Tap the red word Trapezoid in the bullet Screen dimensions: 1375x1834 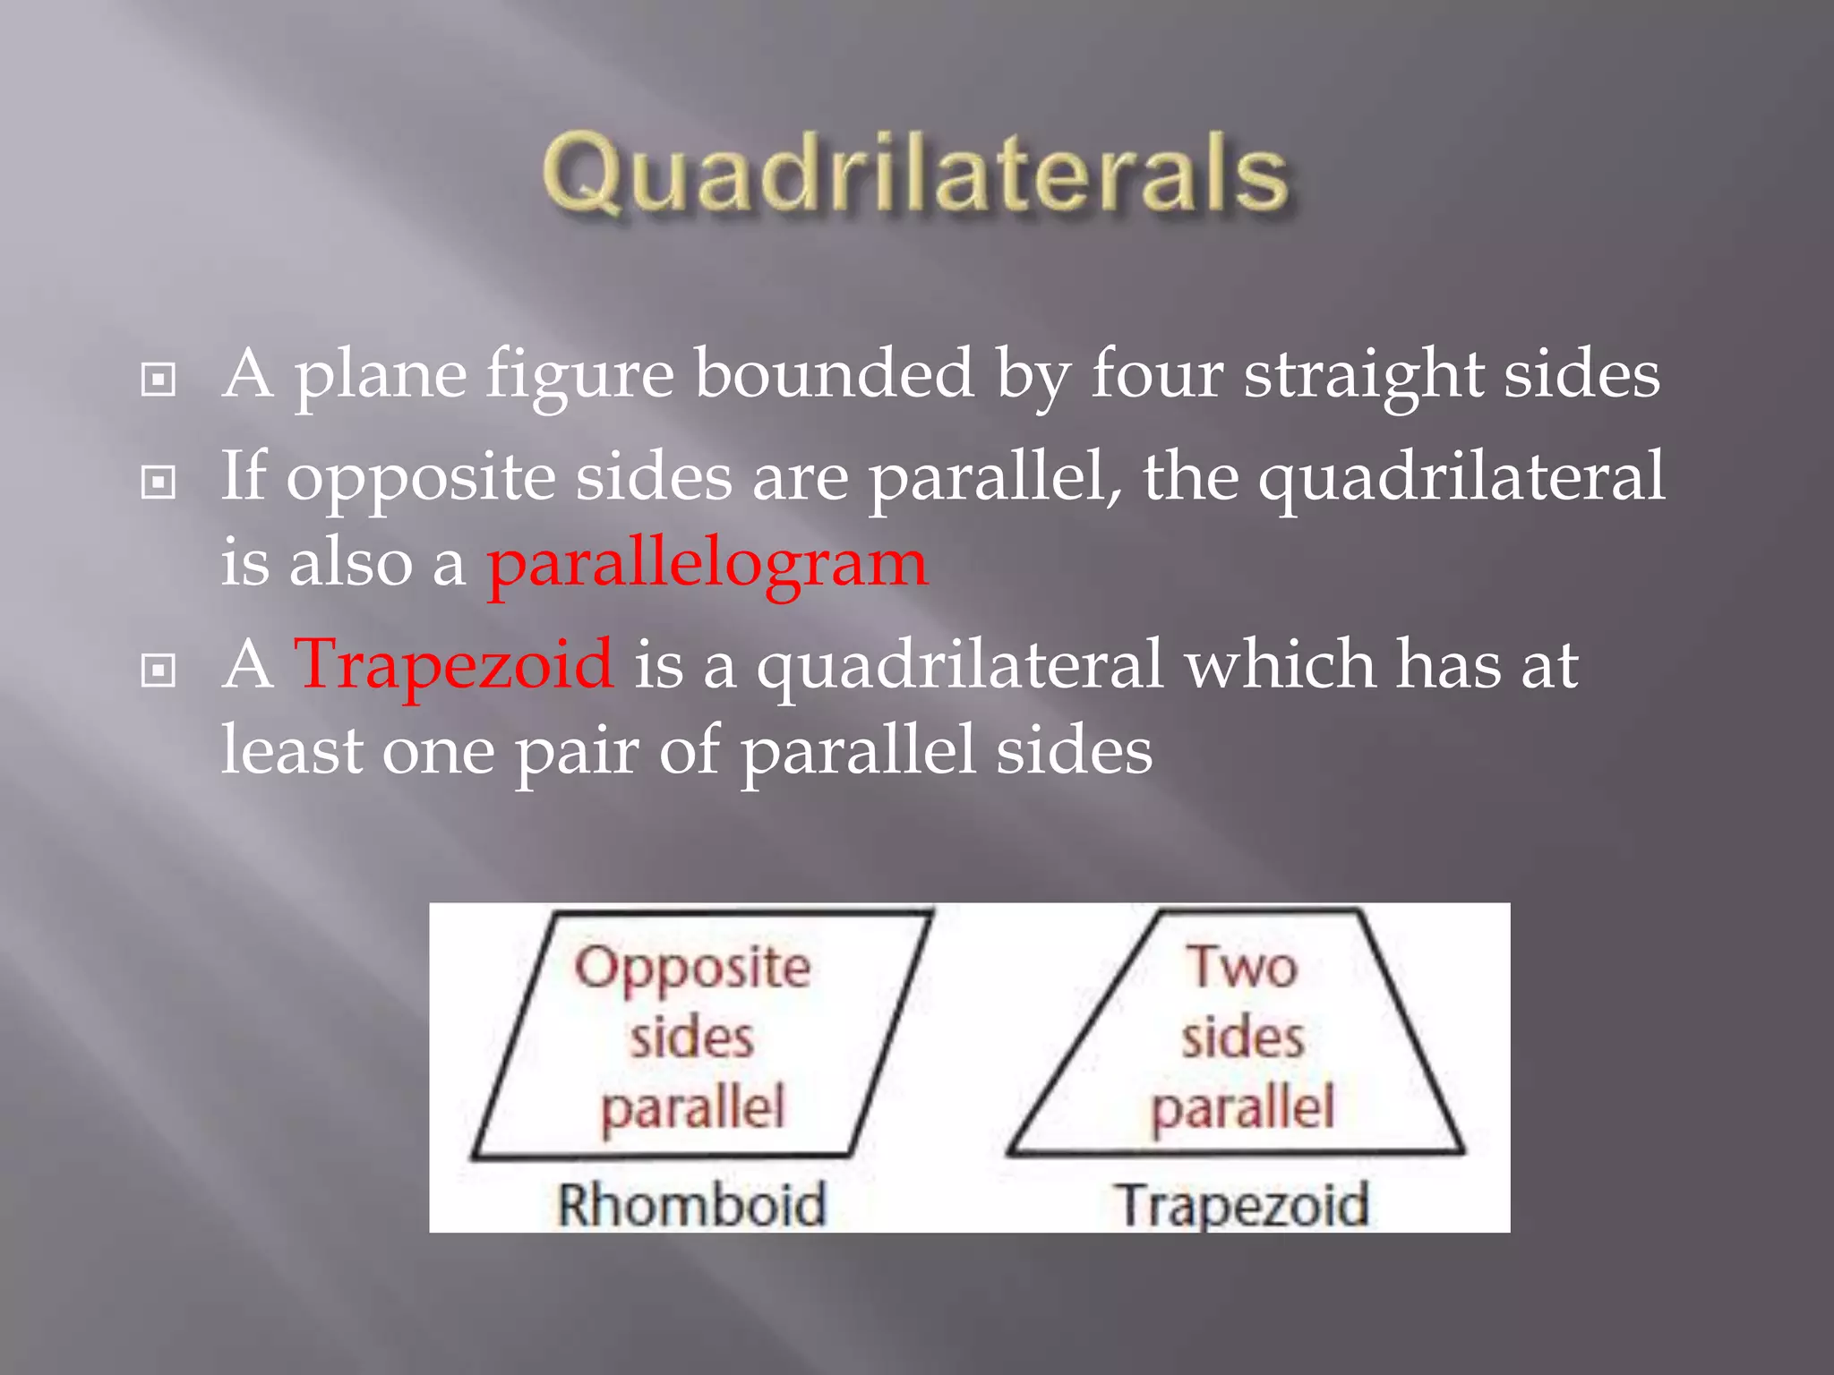pos(454,664)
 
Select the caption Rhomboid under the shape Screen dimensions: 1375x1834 pos(690,1204)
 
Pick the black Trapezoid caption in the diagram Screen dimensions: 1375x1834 pos(1243,1205)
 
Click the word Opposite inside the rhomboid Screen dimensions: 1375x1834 pos(692,969)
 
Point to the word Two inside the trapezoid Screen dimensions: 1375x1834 pos(1243,967)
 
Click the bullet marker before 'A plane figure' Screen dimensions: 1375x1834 pos(159,380)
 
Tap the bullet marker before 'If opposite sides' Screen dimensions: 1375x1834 pos(159,483)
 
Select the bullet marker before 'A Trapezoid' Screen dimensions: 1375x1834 pos(159,670)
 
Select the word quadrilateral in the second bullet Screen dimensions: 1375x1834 pos(1461,477)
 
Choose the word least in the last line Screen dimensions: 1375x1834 pos(292,750)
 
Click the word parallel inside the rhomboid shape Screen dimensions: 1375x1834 pos(692,1108)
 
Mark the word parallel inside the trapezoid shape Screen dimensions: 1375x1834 pos(1243,1108)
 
